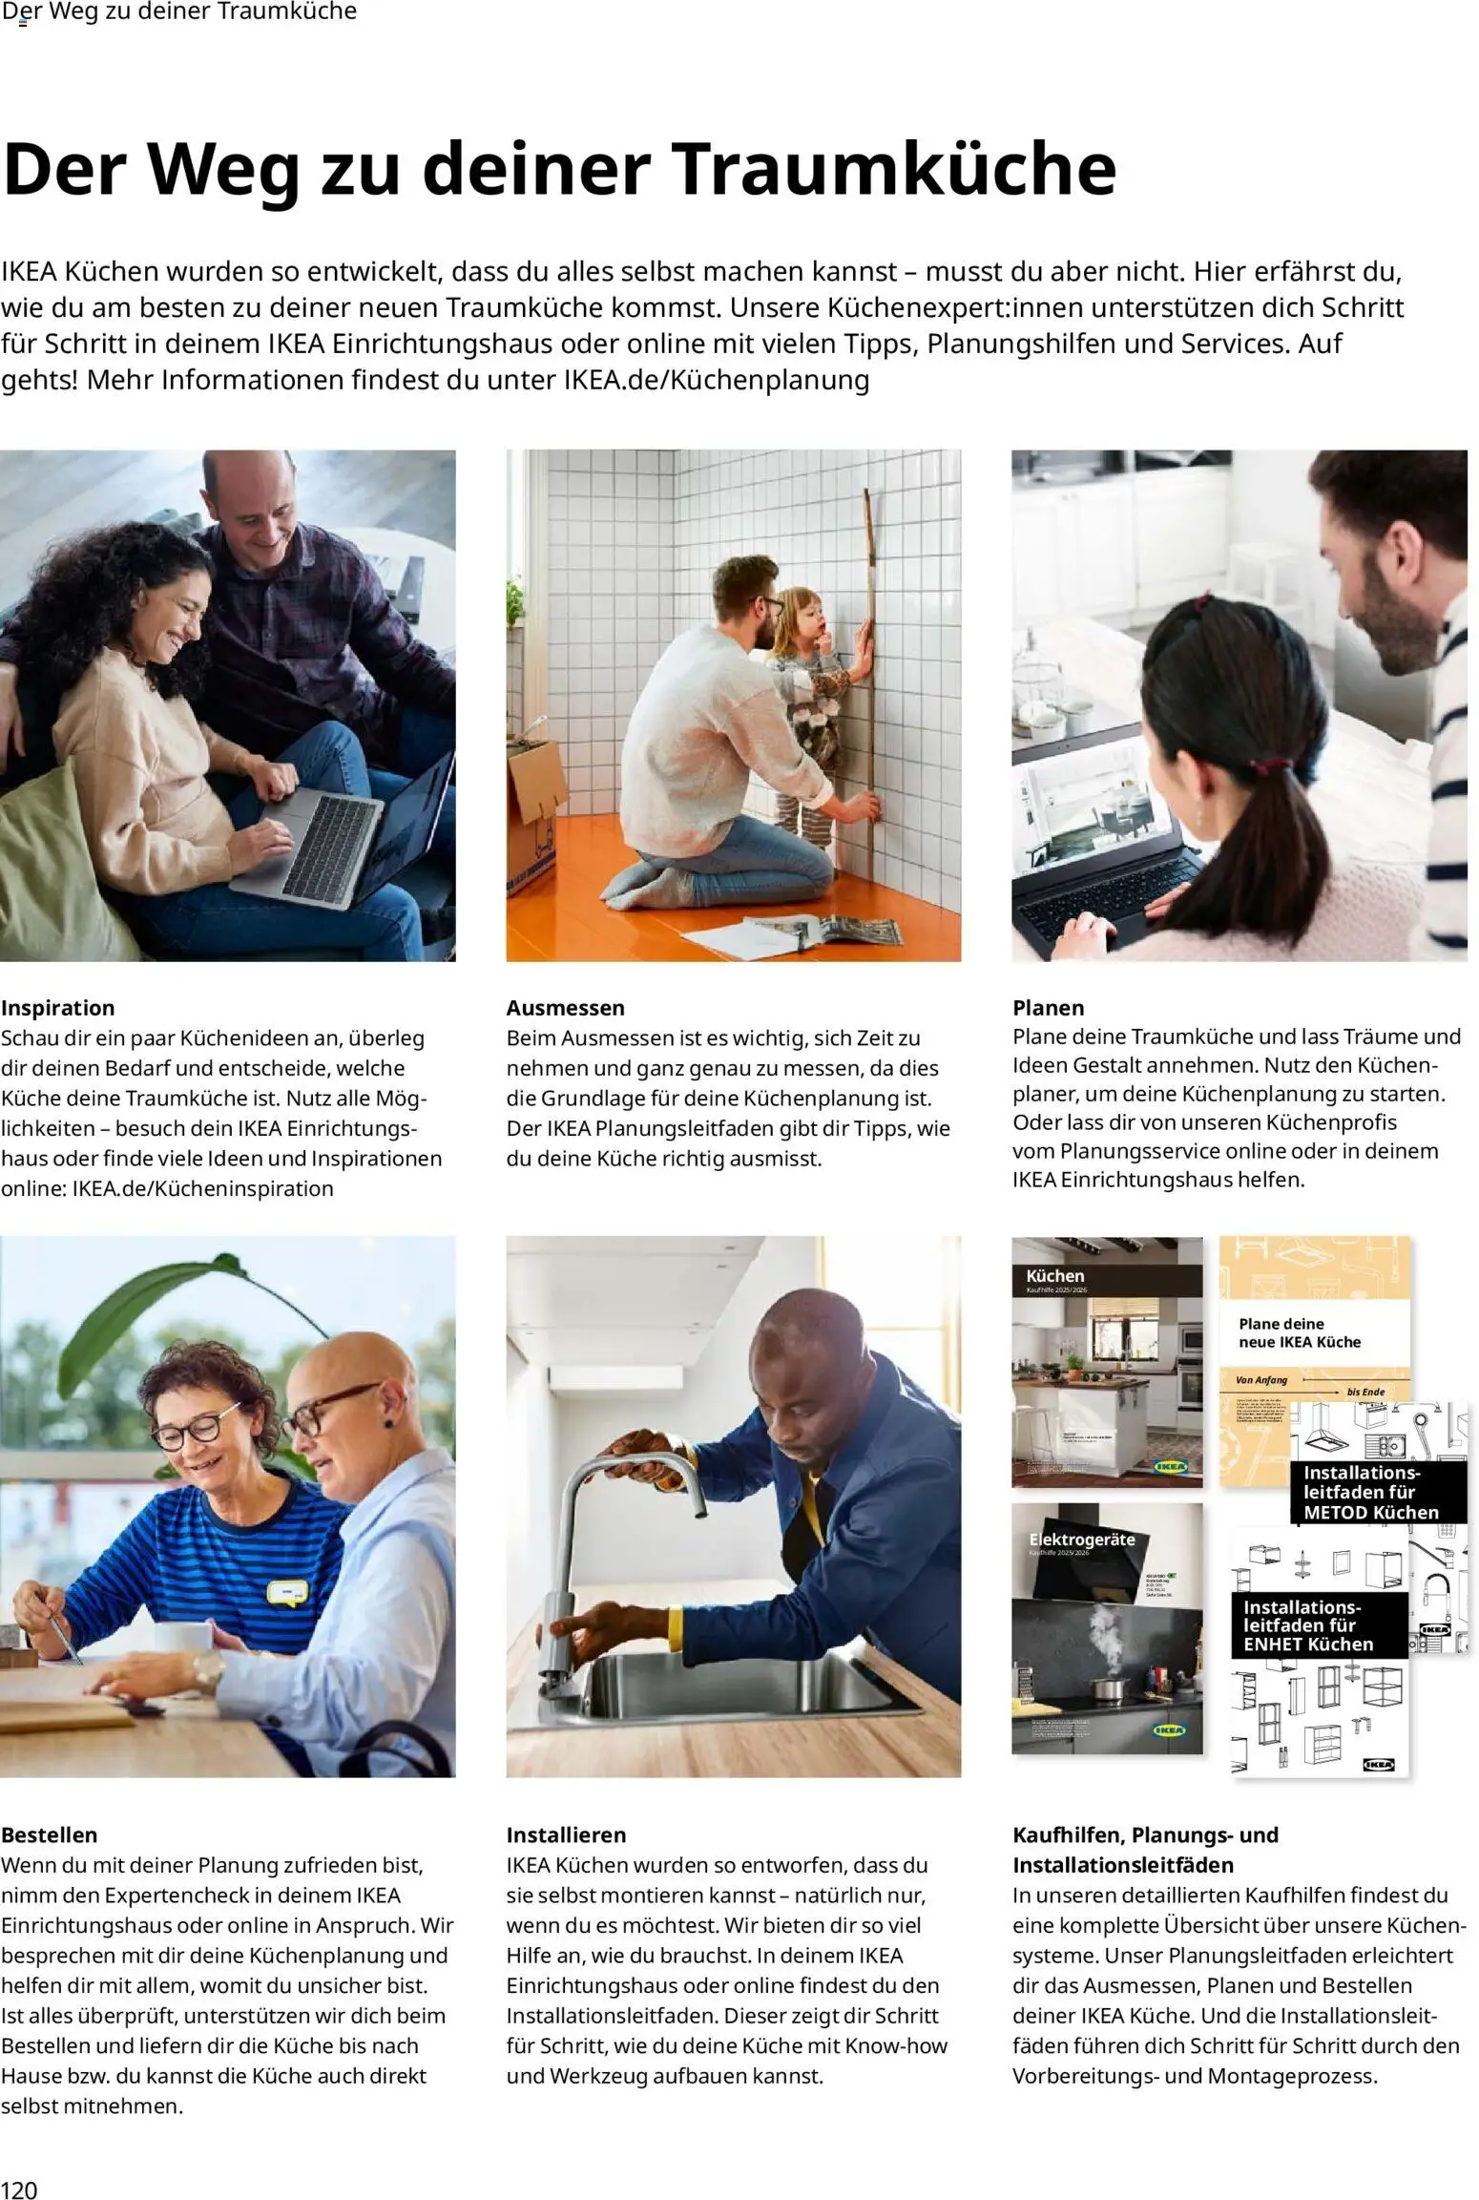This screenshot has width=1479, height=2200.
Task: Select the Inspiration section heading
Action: (58, 1008)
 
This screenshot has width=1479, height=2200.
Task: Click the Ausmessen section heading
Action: (566, 1008)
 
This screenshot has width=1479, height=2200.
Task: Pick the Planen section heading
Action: (1049, 1008)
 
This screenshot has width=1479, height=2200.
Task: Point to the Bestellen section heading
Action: (50, 1834)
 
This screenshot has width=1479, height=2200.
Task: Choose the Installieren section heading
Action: (566, 1834)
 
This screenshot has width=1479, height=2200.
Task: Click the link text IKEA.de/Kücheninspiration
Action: (203, 1188)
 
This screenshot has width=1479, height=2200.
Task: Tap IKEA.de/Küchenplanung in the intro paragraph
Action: (716, 380)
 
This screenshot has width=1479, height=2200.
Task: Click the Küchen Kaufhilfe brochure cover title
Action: (1055, 1276)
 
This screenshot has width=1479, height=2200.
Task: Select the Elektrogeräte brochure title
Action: (1081, 1540)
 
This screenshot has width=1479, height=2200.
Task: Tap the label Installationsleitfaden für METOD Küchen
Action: (1370, 1492)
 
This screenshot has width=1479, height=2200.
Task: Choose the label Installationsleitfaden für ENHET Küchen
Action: (1308, 1625)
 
